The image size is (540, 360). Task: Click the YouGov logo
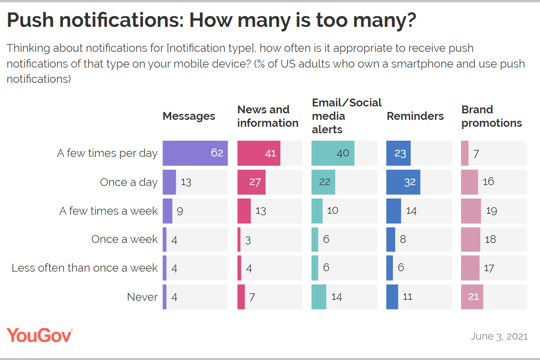click(x=40, y=335)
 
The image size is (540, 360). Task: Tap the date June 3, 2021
click(x=499, y=336)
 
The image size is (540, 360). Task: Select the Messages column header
click(x=189, y=117)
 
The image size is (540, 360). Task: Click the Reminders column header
click(x=415, y=116)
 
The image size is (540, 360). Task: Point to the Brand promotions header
click(x=491, y=116)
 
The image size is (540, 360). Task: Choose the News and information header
click(x=267, y=116)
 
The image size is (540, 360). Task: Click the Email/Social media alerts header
click(x=347, y=116)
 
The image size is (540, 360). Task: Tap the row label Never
click(x=142, y=297)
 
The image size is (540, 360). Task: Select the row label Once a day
click(x=129, y=182)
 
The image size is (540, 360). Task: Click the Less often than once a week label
click(x=85, y=268)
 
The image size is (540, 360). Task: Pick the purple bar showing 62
click(x=195, y=153)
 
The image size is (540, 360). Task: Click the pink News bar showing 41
click(x=259, y=153)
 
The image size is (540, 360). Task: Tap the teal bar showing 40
click(x=333, y=153)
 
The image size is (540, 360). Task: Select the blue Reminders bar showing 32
click(x=403, y=182)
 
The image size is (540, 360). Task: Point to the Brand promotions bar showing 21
click(x=472, y=297)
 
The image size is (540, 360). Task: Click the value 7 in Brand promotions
click(x=476, y=154)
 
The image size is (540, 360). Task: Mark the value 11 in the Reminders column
click(x=407, y=297)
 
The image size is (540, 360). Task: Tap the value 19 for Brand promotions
click(x=491, y=211)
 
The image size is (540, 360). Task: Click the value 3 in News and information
click(x=248, y=240)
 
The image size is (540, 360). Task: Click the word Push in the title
click(x=30, y=20)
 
